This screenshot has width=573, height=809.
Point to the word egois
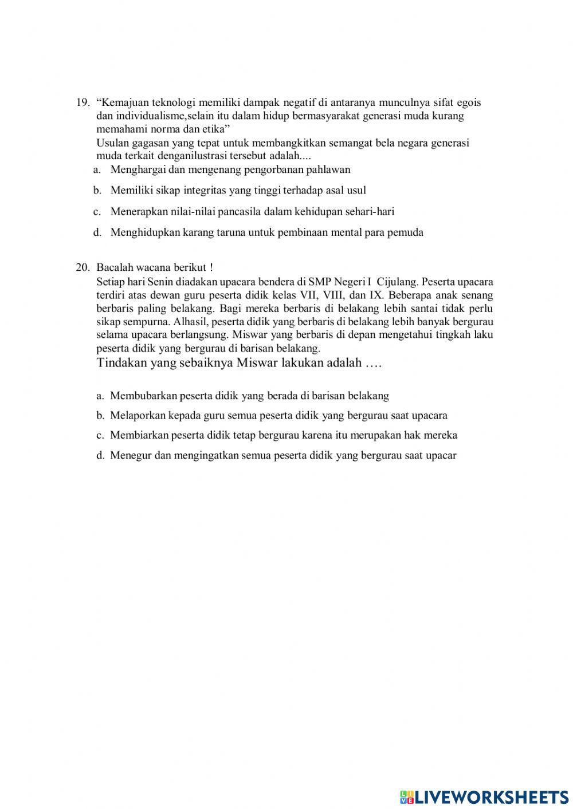[469, 103]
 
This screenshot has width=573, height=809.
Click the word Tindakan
[122, 363]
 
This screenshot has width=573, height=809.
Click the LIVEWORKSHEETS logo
[484, 797]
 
